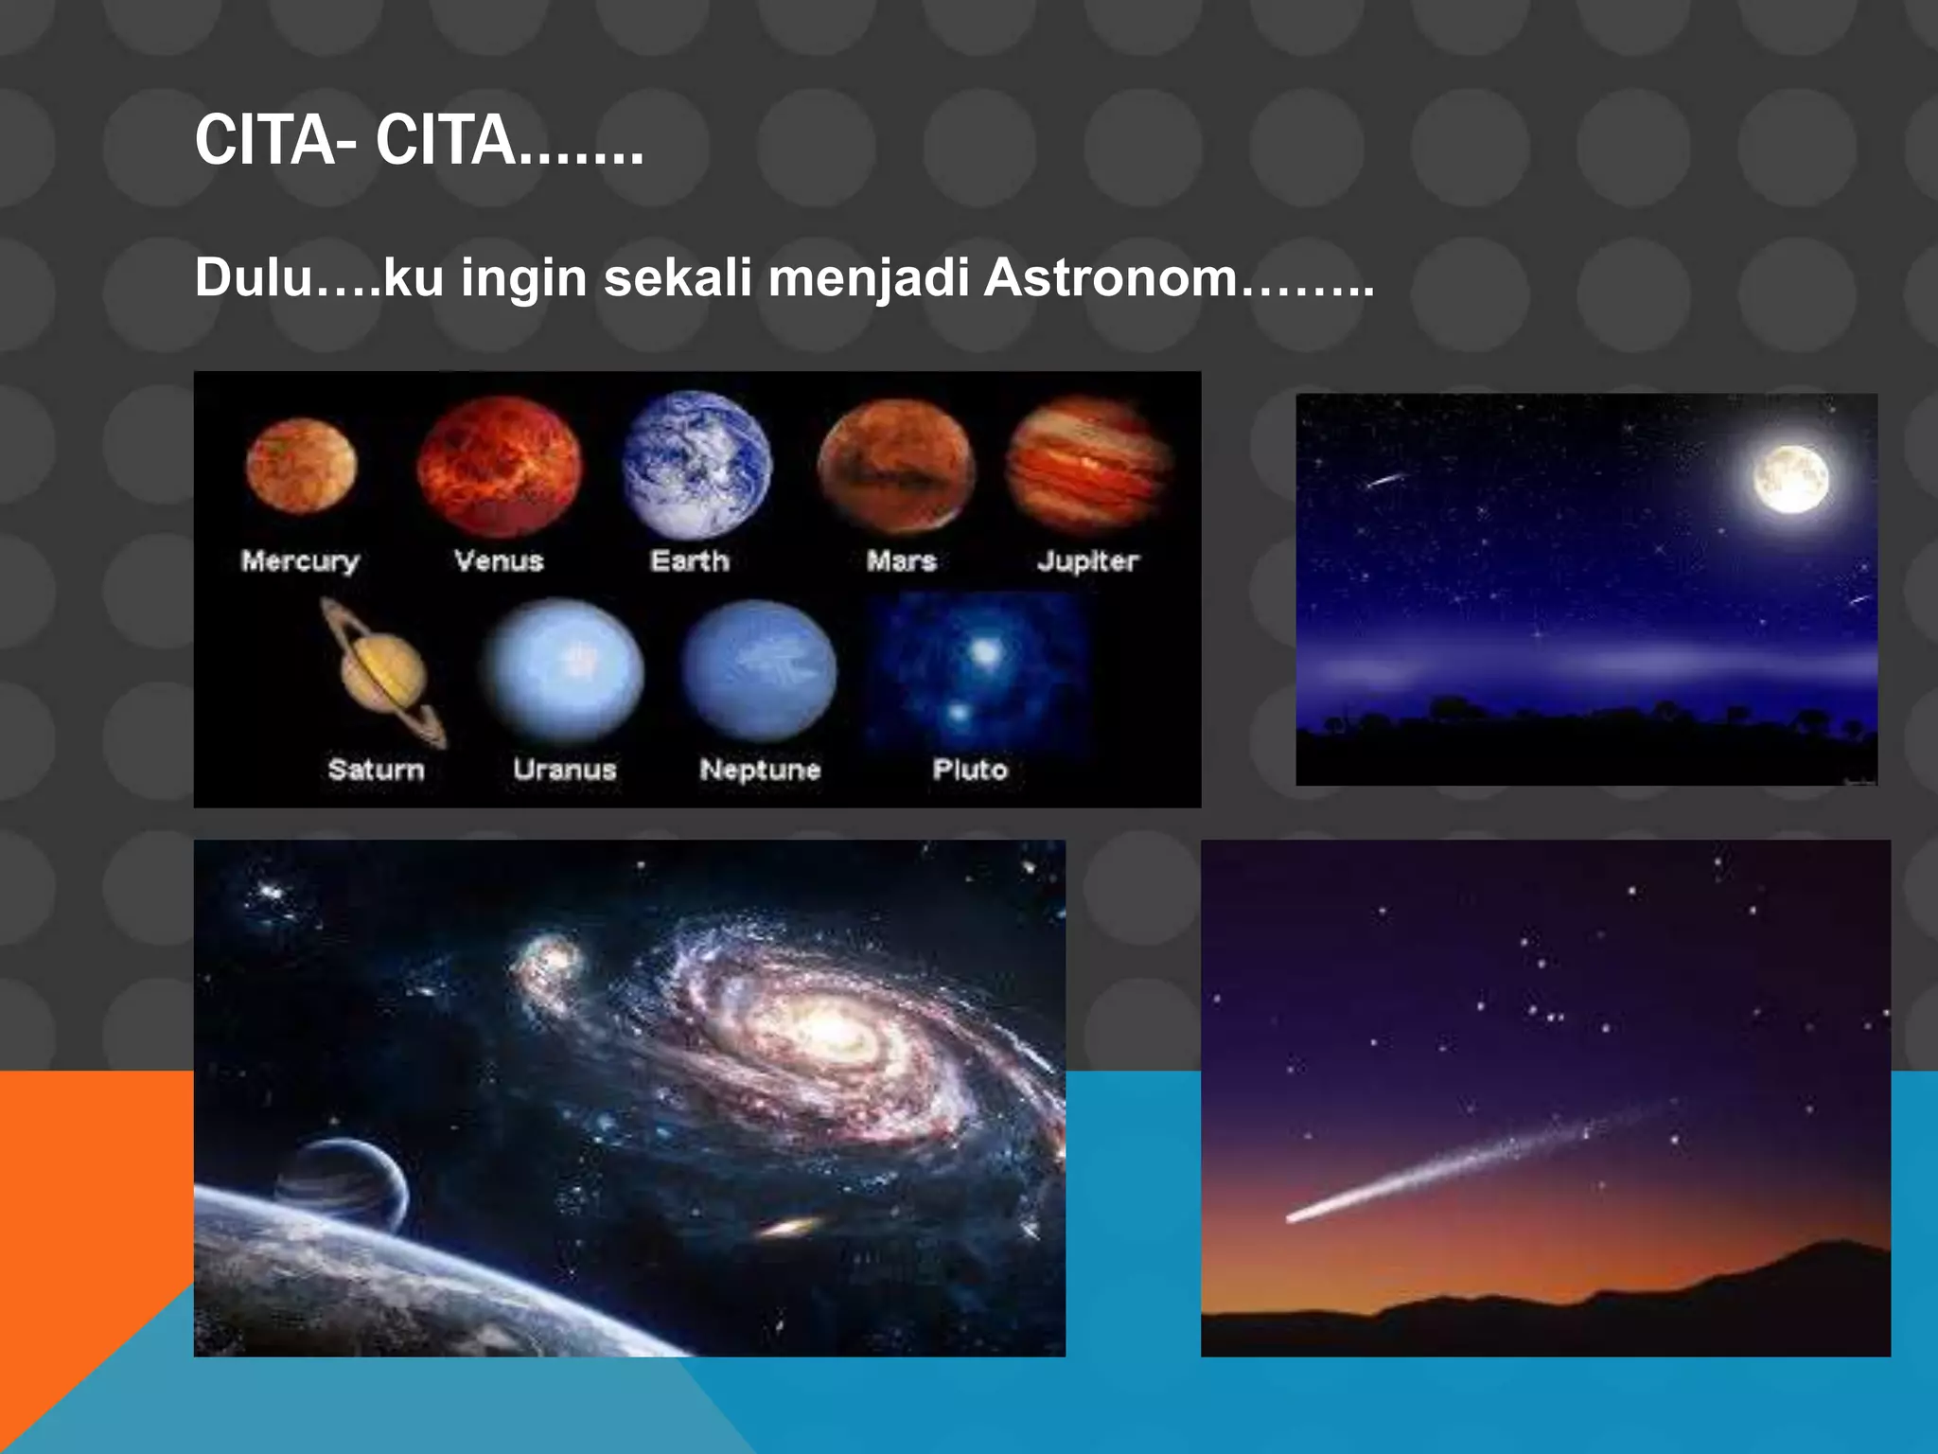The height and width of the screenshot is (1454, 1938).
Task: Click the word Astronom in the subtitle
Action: tap(1110, 278)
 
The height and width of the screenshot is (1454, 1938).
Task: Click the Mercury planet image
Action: tap(301, 466)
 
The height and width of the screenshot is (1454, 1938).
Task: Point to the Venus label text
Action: tap(499, 560)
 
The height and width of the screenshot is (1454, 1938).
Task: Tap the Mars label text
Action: tap(901, 560)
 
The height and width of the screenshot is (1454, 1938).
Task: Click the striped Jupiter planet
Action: tap(1088, 464)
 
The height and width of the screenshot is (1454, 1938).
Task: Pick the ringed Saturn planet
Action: tap(382, 674)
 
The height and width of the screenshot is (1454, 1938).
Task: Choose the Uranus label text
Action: tap(565, 769)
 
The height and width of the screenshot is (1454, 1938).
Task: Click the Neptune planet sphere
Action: tap(759, 670)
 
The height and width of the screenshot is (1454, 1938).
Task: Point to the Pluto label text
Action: tap(970, 769)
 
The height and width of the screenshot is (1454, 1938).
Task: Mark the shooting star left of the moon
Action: tap(1384, 480)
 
